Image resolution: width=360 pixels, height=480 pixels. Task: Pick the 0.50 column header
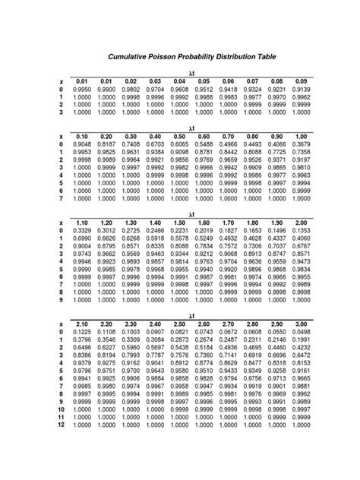pyautogui.click(x=180, y=136)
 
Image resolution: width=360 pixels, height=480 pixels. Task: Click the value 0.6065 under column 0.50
pyautogui.click(x=180, y=144)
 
